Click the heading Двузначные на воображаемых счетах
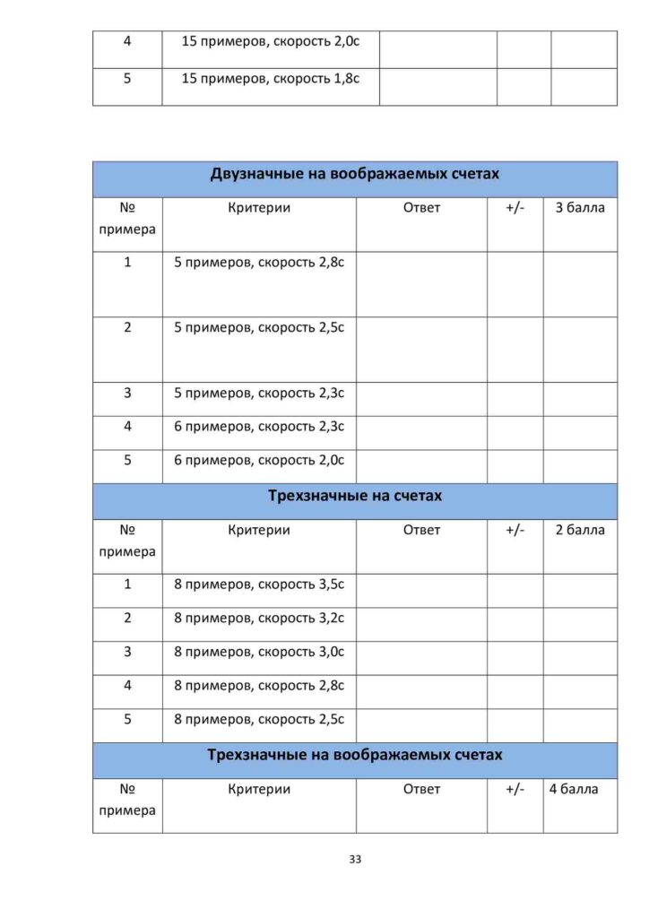tap(355, 174)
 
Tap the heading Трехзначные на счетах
tap(355, 496)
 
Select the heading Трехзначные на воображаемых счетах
tap(355, 755)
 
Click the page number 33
tap(355, 860)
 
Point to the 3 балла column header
tap(580, 208)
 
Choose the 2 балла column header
tap(580, 530)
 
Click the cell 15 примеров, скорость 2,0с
tap(271, 41)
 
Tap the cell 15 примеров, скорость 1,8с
tap(271, 79)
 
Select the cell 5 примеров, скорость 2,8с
tap(259, 264)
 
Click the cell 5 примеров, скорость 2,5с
tap(259, 328)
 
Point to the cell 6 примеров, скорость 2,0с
tap(259, 460)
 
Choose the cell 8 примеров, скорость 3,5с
tap(259, 585)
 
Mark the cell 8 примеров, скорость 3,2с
tap(259, 619)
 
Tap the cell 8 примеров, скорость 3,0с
tap(259, 652)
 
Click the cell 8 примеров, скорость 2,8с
tap(259, 686)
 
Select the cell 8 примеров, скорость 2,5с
tap(259, 720)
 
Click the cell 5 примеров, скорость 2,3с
tap(259, 393)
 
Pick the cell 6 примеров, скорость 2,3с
tap(259, 427)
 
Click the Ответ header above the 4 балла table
tap(421, 789)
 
